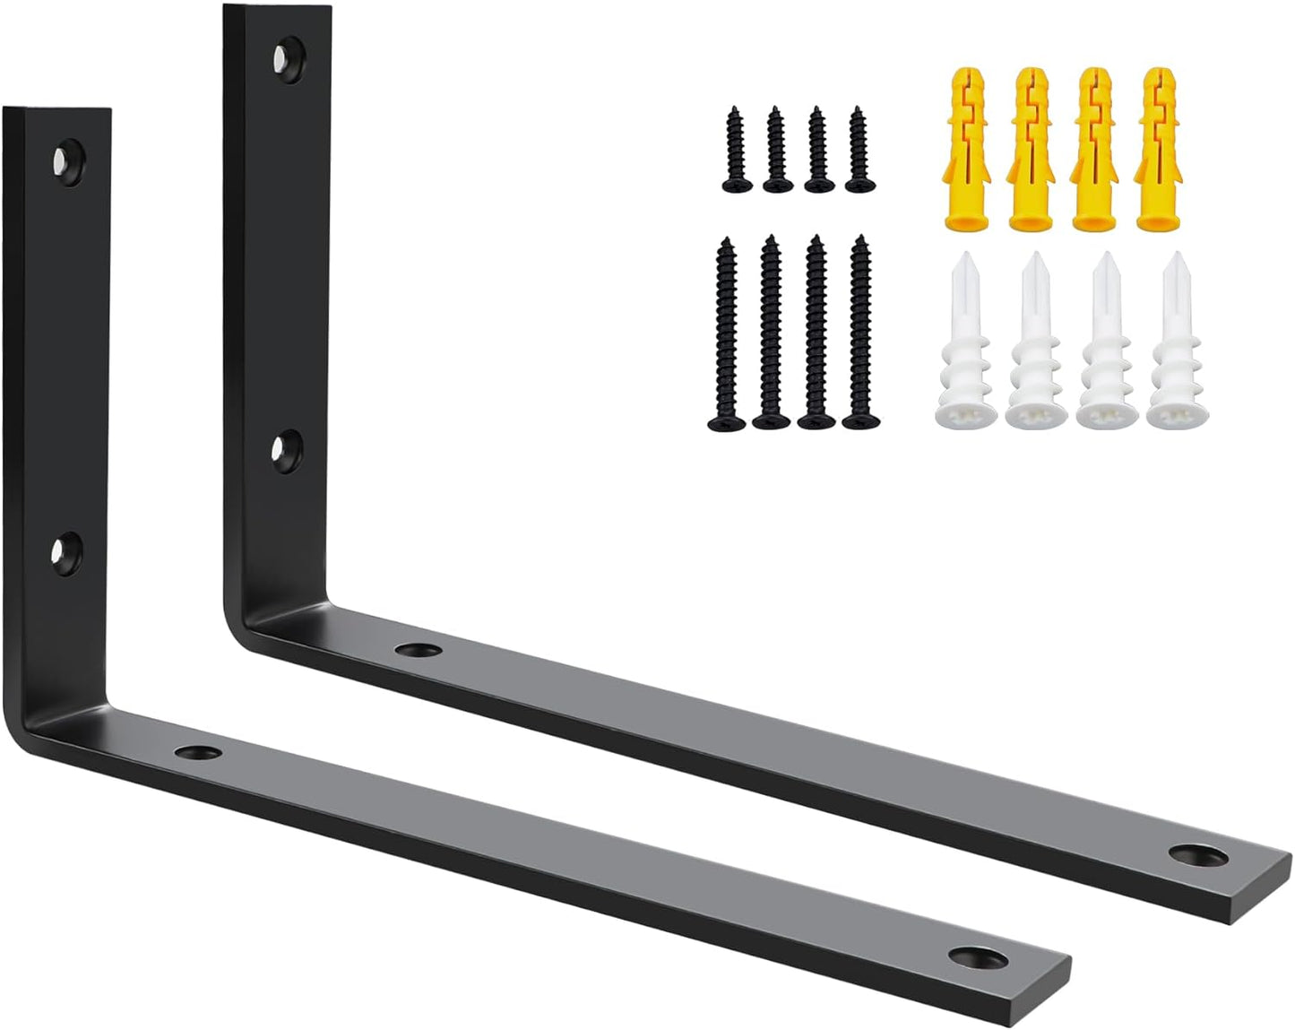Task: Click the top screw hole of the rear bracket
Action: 288,56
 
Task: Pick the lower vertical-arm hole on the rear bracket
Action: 287,447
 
